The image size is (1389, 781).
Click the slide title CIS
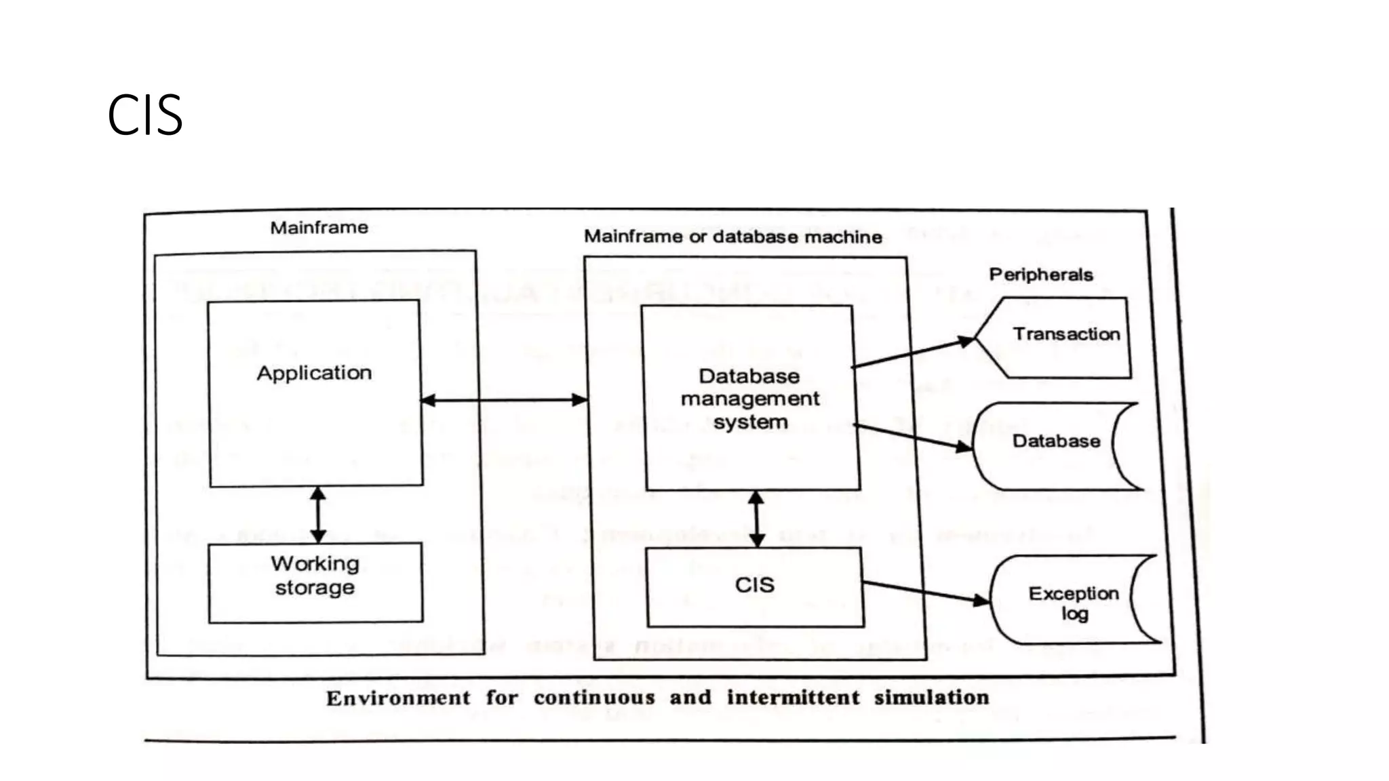click(144, 115)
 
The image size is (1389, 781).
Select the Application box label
click(314, 373)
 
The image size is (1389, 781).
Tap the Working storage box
click(315, 582)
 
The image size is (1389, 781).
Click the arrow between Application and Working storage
click(318, 515)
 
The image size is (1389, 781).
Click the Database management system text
click(750, 399)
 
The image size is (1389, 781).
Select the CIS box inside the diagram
click(755, 586)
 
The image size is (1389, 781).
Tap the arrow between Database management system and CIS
click(757, 519)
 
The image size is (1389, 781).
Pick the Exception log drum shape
click(1073, 601)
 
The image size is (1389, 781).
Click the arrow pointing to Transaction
click(912, 353)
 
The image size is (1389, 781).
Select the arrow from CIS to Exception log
click(926, 591)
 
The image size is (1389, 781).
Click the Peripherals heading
click(1040, 275)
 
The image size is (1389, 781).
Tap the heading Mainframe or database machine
click(732, 237)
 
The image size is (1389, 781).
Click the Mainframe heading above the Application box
click(319, 228)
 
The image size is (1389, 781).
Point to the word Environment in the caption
click(398, 698)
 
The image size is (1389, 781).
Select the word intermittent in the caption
click(793, 698)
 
